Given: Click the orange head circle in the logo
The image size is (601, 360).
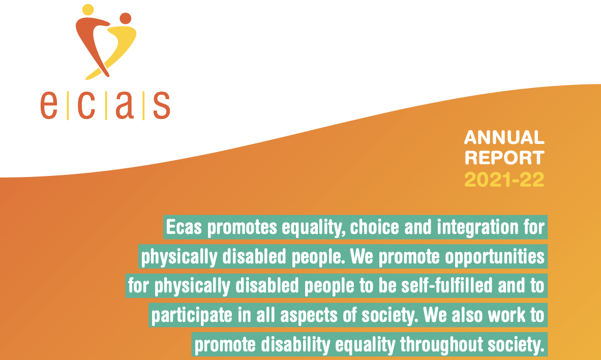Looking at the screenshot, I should coord(125,18).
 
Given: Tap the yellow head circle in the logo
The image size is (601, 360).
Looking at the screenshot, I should coord(87,9).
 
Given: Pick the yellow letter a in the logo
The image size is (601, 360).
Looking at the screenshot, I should coord(125,105).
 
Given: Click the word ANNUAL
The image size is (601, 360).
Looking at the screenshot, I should coord(504,137).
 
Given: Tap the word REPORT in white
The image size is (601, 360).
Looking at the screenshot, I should coord(504,158).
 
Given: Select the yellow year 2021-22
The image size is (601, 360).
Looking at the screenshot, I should coord(504,179).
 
